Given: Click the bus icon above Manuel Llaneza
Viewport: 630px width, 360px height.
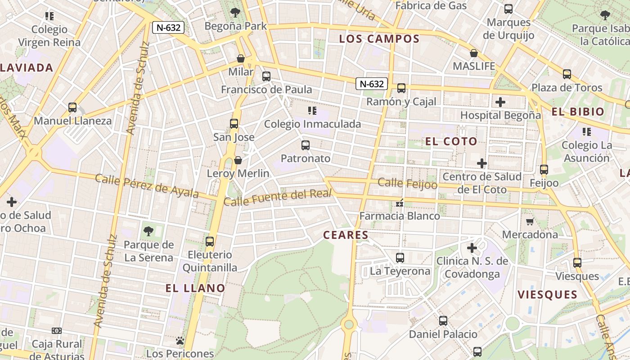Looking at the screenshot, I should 72,108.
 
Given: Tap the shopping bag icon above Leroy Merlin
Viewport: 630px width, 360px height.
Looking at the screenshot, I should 238,160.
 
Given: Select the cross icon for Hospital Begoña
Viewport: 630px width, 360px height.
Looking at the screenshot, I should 500,102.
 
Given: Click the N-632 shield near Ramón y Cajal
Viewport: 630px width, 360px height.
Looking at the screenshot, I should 372,84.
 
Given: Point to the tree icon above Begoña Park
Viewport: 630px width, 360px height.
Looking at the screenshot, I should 235,12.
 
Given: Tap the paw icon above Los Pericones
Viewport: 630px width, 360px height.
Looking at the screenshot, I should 180,341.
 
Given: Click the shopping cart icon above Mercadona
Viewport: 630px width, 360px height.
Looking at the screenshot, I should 530,221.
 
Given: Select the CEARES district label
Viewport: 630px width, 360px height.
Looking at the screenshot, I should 346,235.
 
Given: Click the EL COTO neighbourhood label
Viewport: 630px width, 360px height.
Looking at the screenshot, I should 451,141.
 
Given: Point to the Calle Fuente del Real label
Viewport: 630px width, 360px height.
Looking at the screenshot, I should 278,198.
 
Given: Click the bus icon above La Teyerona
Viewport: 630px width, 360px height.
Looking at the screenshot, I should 400,258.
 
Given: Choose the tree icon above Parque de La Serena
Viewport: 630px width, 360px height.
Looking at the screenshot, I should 148,232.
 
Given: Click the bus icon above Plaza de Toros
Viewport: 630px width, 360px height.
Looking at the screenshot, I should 567,74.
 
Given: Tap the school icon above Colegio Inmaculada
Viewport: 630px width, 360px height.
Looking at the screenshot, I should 312,111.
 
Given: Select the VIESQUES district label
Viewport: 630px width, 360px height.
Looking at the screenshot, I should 547,295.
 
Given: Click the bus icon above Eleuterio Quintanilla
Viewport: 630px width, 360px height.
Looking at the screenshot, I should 210,242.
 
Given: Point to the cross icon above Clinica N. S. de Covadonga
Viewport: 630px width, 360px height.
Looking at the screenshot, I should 472,248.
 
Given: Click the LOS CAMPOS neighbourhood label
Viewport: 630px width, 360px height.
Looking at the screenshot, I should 379,39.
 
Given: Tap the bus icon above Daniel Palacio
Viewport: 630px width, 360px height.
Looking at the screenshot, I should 443,321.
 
